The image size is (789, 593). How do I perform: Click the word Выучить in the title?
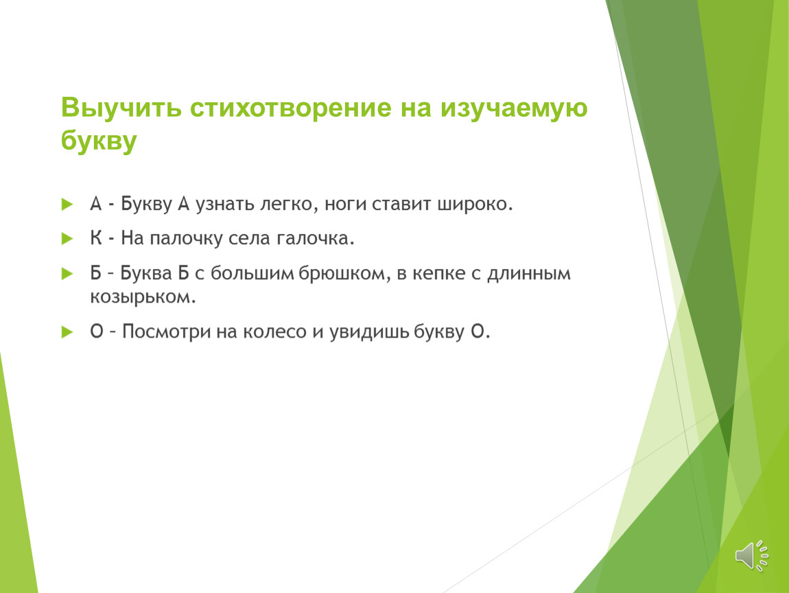click(x=121, y=108)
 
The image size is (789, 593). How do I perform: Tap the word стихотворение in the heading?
click(x=290, y=108)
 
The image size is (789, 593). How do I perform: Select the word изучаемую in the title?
click(x=514, y=108)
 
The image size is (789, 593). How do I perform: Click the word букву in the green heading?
click(x=99, y=141)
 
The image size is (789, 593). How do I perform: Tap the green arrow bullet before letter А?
click(x=67, y=205)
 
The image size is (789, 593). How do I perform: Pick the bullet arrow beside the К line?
click(x=67, y=239)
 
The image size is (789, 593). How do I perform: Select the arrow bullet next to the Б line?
click(x=67, y=273)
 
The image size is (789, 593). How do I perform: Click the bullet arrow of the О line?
click(x=67, y=332)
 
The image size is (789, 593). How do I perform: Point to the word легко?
click(x=290, y=205)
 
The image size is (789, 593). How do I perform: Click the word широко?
click(x=475, y=205)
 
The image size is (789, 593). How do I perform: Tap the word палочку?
click(x=186, y=239)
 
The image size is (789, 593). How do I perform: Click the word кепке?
click(x=439, y=274)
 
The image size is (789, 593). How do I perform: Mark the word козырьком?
click(x=143, y=297)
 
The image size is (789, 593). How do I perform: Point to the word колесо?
click(x=274, y=332)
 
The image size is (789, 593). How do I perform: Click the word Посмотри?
click(x=166, y=332)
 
